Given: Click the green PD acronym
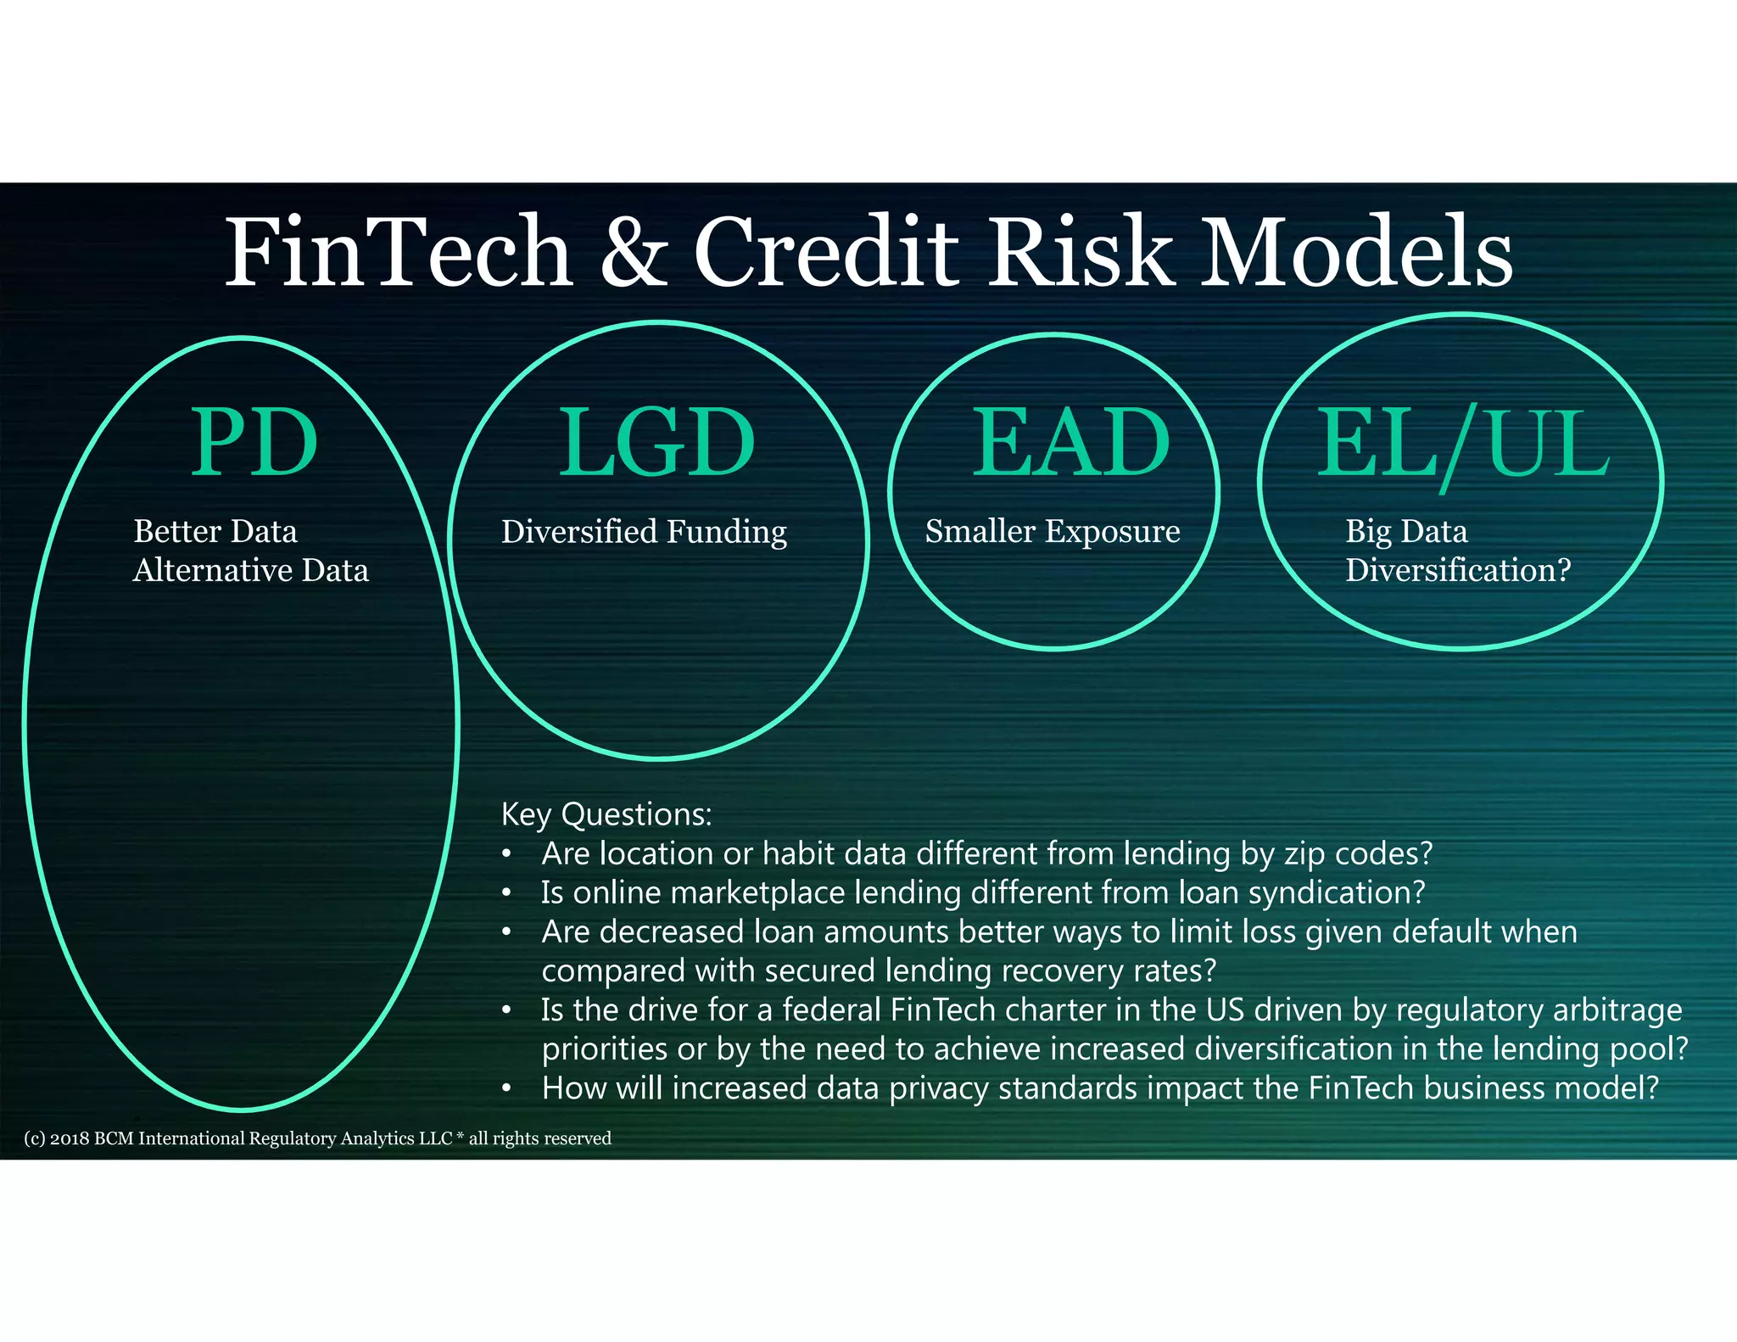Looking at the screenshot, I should [x=254, y=443].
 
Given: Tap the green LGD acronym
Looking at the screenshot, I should [x=656, y=443].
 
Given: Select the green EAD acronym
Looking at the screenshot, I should [x=1070, y=443].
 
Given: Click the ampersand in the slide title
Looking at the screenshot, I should [x=634, y=252].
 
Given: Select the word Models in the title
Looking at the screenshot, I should [x=1357, y=252].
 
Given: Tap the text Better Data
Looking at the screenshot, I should [x=215, y=532].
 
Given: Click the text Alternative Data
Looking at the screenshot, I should [x=251, y=571].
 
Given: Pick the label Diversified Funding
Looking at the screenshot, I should [x=644, y=533].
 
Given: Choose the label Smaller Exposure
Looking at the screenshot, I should [x=1053, y=532].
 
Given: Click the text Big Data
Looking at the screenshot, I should [x=1406, y=532].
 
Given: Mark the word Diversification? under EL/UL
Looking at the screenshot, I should [x=1458, y=570].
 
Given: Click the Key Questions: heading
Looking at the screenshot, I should [x=606, y=814].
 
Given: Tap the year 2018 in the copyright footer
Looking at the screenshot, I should [x=69, y=1138].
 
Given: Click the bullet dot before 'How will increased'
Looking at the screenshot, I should [x=506, y=1088].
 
